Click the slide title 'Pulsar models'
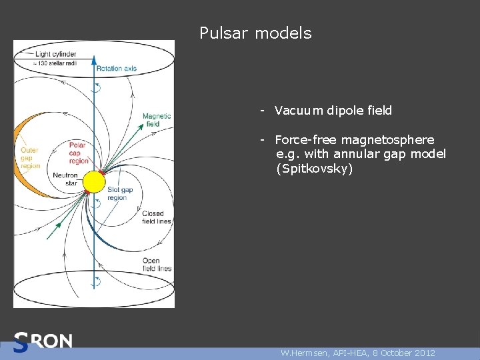(x=255, y=33)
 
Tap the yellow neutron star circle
(x=94, y=181)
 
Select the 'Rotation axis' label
(x=116, y=69)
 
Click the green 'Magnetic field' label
(x=157, y=119)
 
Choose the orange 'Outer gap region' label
(x=31, y=158)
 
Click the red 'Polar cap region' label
(x=79, y=153)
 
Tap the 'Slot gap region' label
(x=120, y=194)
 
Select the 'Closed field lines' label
(x=157, y=217)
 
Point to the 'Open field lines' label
(x=157, y=265)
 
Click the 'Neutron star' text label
(x=65, y=179)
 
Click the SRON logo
(x=43, y=342)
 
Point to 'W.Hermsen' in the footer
(x=304, y=353)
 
